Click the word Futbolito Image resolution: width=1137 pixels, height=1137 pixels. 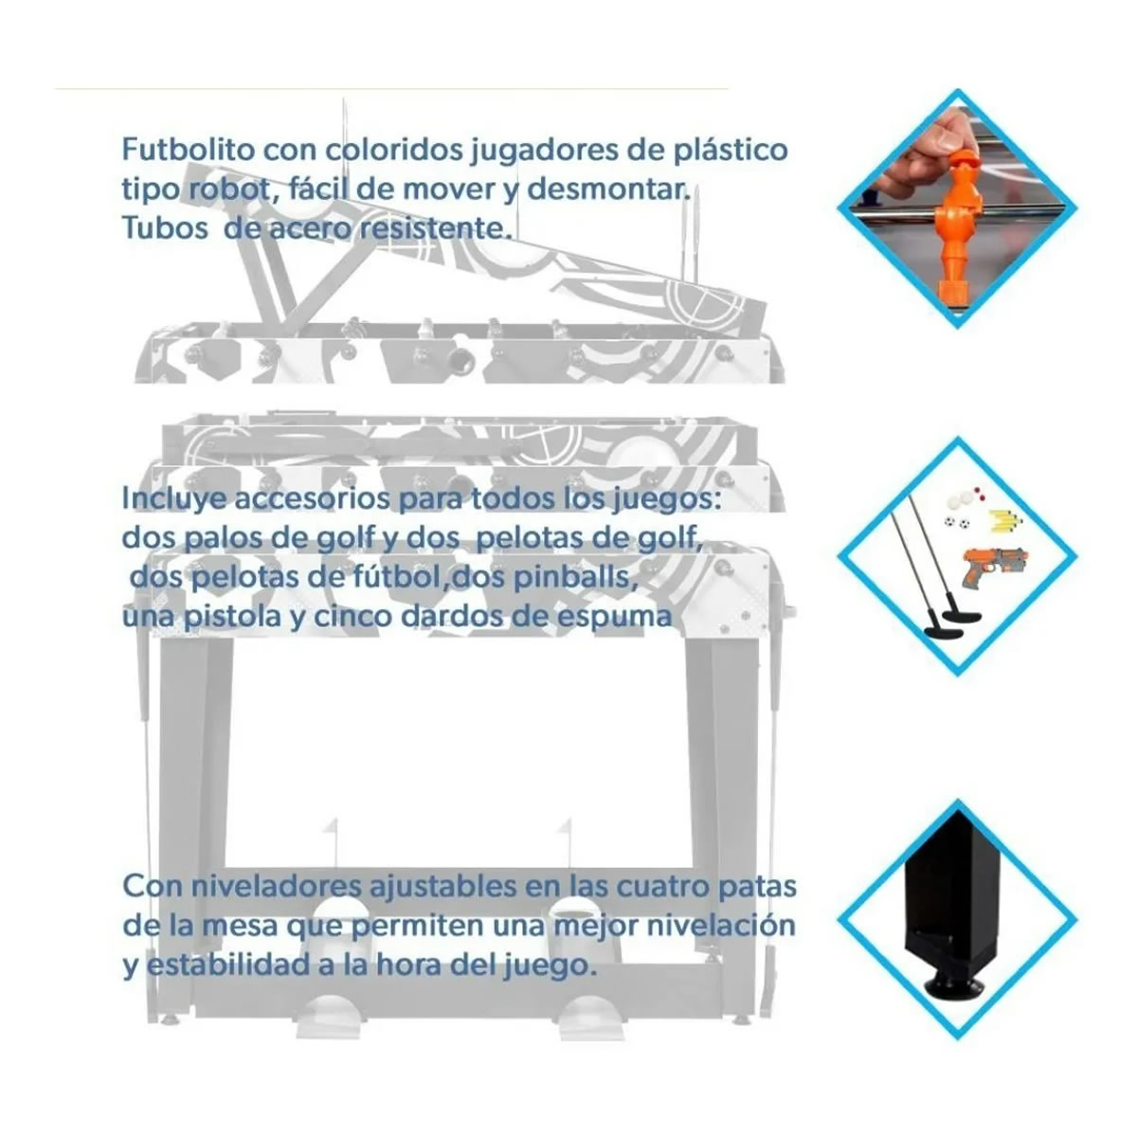188,150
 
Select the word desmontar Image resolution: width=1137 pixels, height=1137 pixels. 608,189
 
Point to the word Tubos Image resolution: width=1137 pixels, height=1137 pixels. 165,228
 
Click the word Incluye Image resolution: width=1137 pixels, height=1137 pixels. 174,499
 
